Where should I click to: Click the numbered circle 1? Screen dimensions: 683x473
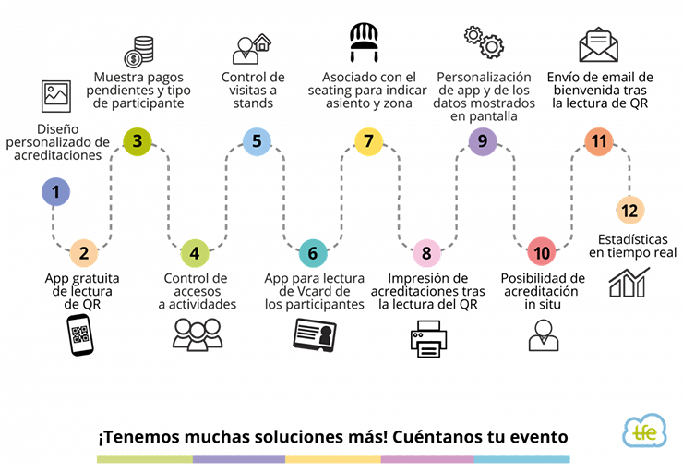click(55, 192)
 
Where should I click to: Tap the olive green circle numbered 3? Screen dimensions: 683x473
click(138, 141)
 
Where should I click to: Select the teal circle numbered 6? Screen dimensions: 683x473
click(313, 253)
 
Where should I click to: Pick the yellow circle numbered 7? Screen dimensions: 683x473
click(368, 141)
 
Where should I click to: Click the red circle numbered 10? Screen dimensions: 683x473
click(542, 252)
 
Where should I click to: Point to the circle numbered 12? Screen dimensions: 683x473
click(629, 211)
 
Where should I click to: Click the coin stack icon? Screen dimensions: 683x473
click(139, 52)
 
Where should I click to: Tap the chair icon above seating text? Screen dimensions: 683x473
click(365, 42)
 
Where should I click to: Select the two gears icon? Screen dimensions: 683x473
click(484, 42)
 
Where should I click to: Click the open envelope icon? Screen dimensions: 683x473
click(598, 44)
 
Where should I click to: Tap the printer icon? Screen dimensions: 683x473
click(428, 339)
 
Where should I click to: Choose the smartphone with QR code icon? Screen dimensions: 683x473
click(80, 334)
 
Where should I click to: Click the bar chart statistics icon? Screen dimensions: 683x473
click(629, 283)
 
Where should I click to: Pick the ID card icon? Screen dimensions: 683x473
click(315, 334)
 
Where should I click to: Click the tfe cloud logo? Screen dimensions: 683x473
click(644, 431)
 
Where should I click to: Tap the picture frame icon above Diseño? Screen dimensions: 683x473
click(56, 96)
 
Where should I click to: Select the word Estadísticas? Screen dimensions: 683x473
click(632, 239)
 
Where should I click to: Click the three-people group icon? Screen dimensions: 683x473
click(198, 334)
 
